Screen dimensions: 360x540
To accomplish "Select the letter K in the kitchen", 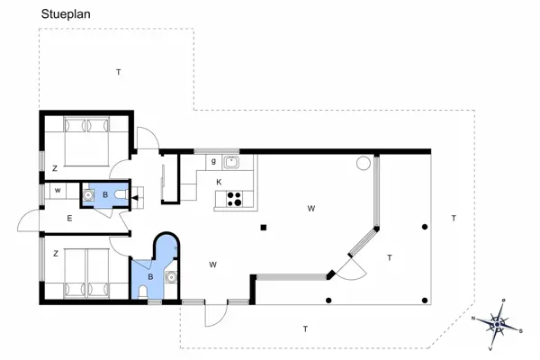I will pos(219,183).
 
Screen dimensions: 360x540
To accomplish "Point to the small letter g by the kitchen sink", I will pos(213,162).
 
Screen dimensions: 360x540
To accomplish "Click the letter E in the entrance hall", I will pos(68,218).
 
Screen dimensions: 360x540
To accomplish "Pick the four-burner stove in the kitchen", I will pos(236,199).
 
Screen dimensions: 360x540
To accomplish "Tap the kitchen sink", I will pos(231,163).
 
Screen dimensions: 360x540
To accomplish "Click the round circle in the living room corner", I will pos(363,164).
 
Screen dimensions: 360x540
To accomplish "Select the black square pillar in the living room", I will pos(262,227).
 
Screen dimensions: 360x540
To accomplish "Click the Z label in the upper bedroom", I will pos(54,168).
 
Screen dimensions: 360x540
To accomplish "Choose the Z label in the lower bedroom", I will pos(54,253).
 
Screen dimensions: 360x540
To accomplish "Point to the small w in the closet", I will pos(57,191).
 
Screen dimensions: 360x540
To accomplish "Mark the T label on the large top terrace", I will pos(118,70).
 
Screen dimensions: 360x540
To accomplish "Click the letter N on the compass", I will pos(473,317).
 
